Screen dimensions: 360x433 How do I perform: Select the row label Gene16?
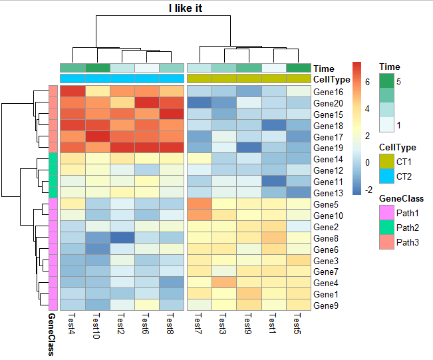[x=329, y=92]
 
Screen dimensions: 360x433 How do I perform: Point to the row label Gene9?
[x=327, y=305]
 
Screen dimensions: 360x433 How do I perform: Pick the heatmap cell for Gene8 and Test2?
[x=122, y=238]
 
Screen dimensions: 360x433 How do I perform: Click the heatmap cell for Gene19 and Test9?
[x=249, y=148]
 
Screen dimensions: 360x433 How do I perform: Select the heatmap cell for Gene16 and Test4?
[x=72, y=92]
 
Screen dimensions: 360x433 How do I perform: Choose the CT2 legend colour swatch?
[x=386, y=176]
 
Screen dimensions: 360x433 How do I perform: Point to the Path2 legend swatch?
[x=386, y=228]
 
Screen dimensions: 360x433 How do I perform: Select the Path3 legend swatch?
[x=386, y=242]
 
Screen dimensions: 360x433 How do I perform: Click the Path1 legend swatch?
[x=386, y=214]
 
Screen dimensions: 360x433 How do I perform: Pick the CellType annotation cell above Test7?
[x=200, y=79]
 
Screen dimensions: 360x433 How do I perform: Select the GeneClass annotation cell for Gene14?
[x=53, y=159]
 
